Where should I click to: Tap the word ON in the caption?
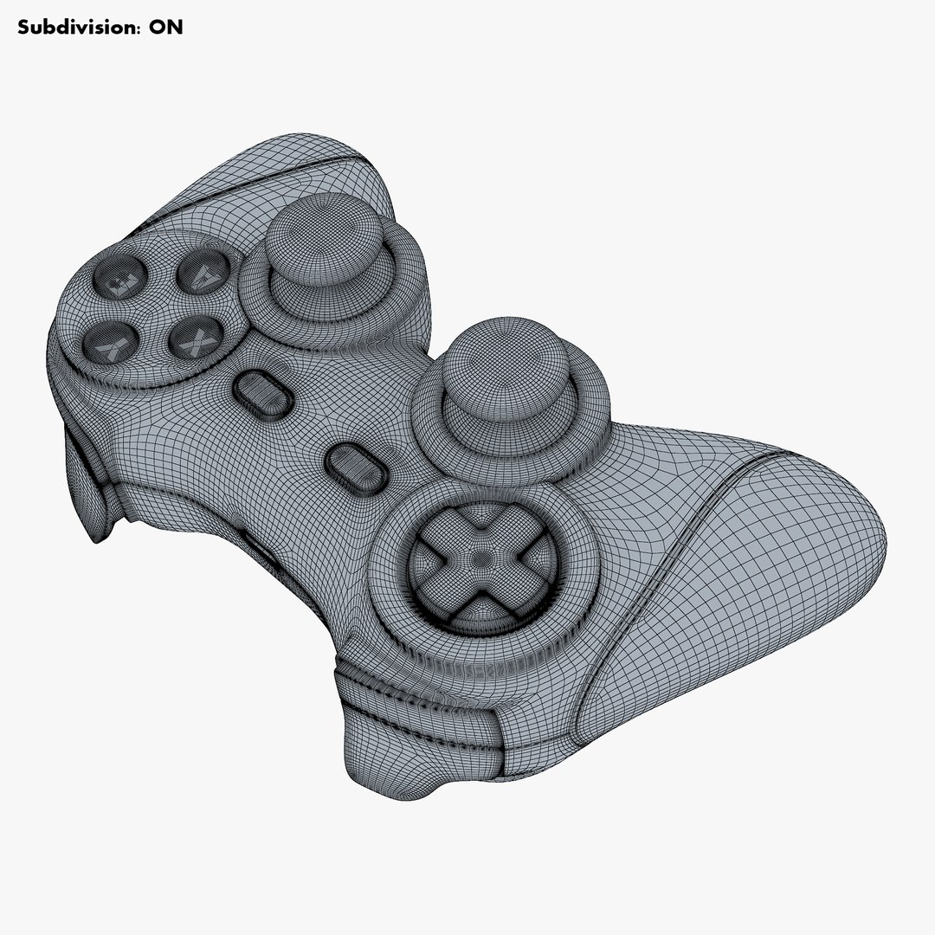click(x=165, y=27)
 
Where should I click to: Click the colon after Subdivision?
click(x=137, y=28)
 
